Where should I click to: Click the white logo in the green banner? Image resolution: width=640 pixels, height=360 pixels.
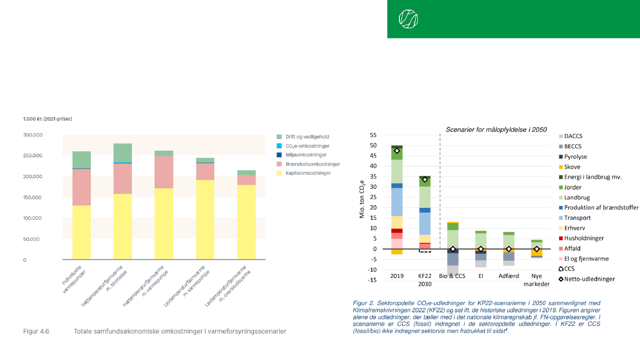coord(408,19)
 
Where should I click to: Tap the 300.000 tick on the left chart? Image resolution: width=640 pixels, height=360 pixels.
coord(33,135)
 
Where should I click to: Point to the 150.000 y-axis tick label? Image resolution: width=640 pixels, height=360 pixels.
coord(33,197)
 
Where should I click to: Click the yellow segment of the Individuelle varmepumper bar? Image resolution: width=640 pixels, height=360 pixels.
coord(82,232)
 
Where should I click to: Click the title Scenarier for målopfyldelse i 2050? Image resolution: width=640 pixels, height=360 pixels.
coord(496,130)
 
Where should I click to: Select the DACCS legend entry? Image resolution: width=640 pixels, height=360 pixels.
coord(573,136)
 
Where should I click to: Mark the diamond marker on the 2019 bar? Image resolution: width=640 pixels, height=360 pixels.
coord(397,151)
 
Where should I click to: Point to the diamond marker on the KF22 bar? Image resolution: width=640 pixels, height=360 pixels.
coord(425,180)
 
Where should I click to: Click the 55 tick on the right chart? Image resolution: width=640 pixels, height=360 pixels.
coord(373,136)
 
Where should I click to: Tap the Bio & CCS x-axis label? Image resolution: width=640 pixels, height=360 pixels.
coord(452,276)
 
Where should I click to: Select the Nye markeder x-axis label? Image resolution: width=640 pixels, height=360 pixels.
coord(536,280)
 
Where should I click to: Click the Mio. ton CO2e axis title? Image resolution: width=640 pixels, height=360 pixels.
coord(363,198)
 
